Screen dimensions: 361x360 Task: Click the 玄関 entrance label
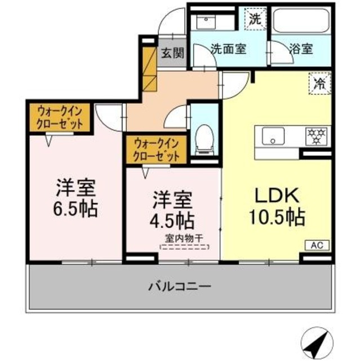click(x=172, y=54)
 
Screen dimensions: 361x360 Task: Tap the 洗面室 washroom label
click(x=229, y=49)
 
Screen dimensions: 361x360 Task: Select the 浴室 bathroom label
click(x=300, y=49)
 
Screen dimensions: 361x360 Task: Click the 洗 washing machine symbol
click(x=255, y=17)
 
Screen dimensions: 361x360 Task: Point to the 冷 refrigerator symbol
click(x=318, y=85)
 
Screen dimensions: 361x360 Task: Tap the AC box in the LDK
click(x=317, y=245)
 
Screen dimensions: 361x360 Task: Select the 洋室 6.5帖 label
click(x=75, y=198)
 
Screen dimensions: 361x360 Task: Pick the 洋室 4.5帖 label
click(x=173, y=208)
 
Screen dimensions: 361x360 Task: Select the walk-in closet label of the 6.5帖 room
click(x=59, y=117)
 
